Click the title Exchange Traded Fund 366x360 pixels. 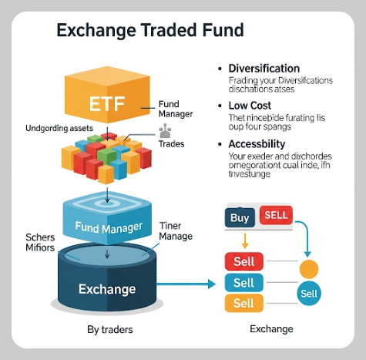point(150,30)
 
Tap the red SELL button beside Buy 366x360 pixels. point(276,215)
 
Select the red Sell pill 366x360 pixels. point(243,262)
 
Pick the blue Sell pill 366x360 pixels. point(243,283)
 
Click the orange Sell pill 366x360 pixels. point(243,303)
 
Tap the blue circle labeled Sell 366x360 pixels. point(309,294)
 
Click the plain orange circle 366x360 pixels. point(309,270)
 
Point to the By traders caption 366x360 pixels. point(110,330)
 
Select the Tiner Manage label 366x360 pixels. point(176,231)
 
